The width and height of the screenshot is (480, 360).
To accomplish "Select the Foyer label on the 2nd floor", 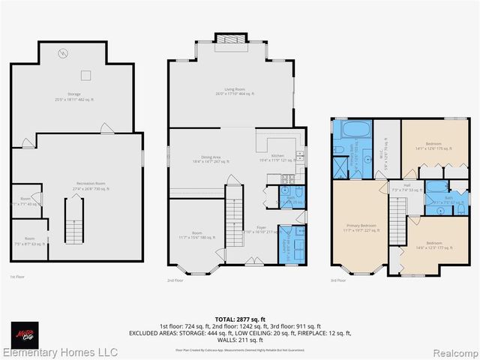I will (261, 229).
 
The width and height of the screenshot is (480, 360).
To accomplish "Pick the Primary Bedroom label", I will (360, 227).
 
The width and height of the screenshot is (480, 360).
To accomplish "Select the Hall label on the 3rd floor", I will (406, 187).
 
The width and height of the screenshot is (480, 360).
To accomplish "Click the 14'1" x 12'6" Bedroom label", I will (433, 145).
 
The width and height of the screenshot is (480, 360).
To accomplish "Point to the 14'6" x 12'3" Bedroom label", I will (434, 246).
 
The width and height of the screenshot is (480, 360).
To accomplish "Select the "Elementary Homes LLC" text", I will (60, 352).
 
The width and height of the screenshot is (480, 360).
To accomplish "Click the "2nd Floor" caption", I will (175, 280).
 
